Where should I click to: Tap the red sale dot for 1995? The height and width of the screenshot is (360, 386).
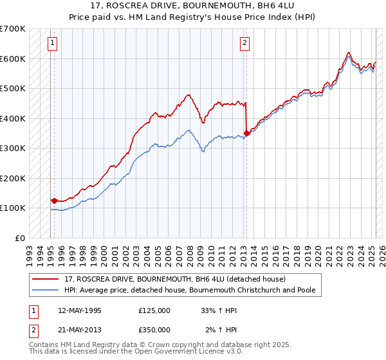pyautogui.click(x=54, y=200)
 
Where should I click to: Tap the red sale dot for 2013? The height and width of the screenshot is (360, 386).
pyautogui.click(x=246, y=133)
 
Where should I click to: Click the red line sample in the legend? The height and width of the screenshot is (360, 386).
pyautogui.click(x=46, y=279)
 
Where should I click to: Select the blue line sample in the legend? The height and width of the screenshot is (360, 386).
pyautogui.click(x=46, y=290)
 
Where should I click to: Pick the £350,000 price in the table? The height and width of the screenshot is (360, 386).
pyautogui.click(x=154, y=329)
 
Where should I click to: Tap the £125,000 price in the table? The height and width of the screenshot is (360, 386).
pyautogui.click(x=154, y=310)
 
